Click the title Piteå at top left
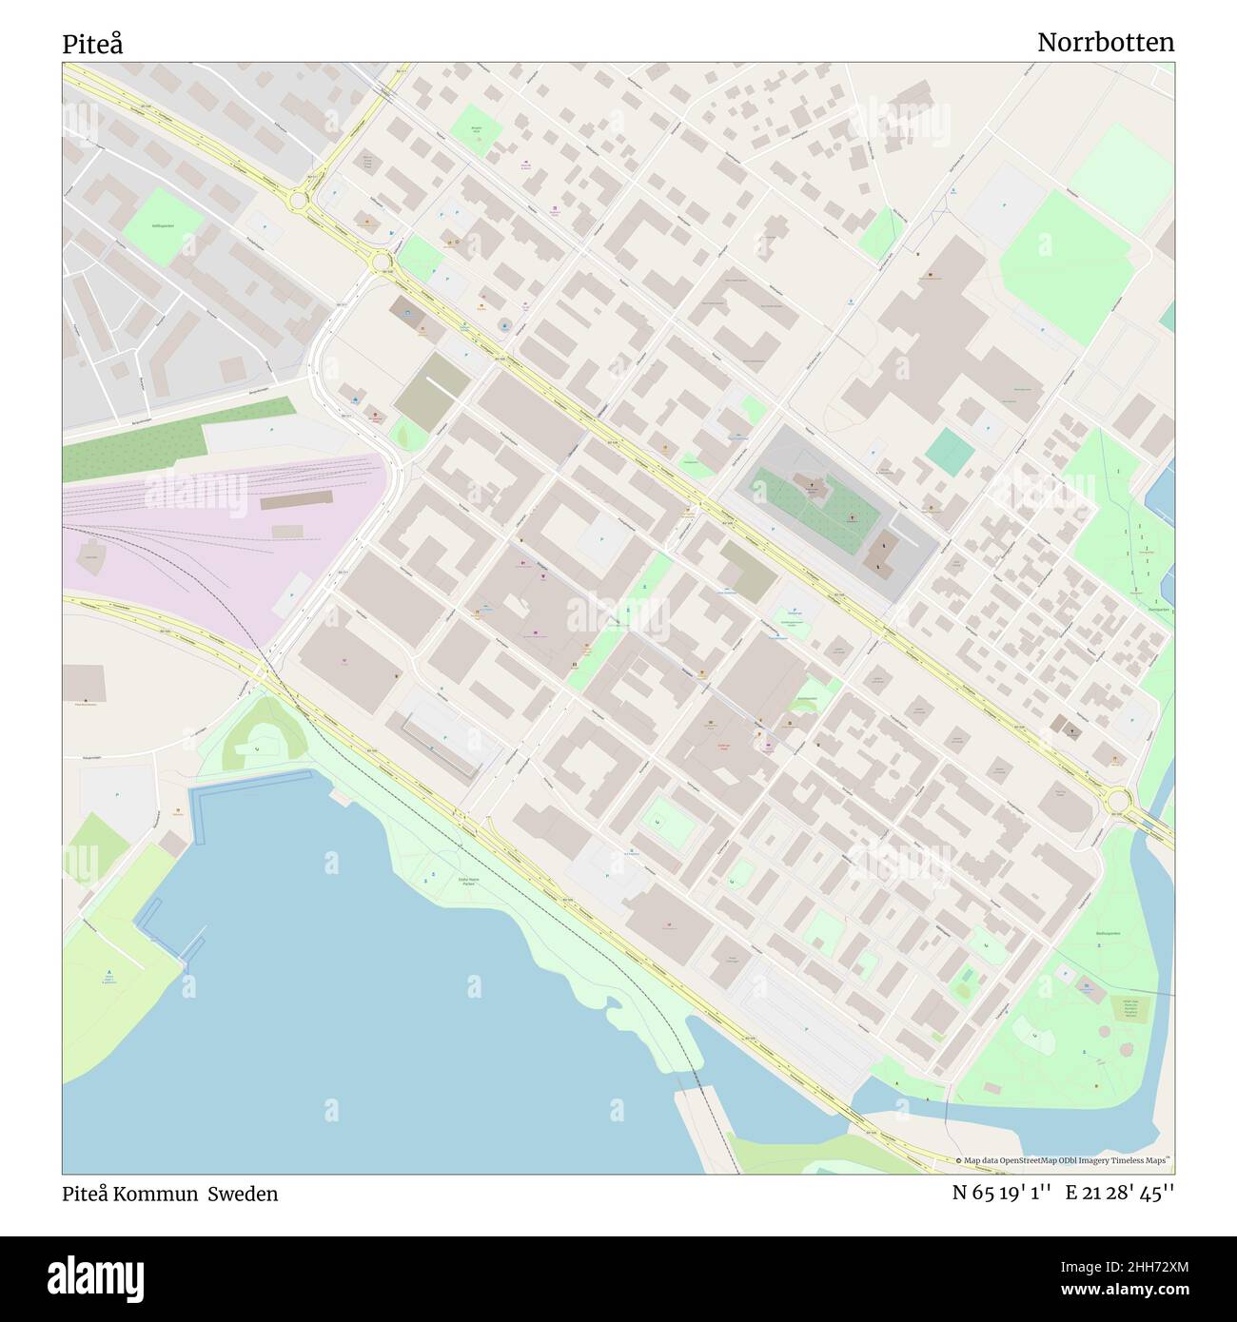(x=92, y=44)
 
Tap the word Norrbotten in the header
(x=1105, y=43)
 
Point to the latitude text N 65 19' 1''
(x=1002, y=1194)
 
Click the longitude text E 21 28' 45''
(x=1120, y=1194)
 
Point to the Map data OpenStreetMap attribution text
(x=1065, y=1160)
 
